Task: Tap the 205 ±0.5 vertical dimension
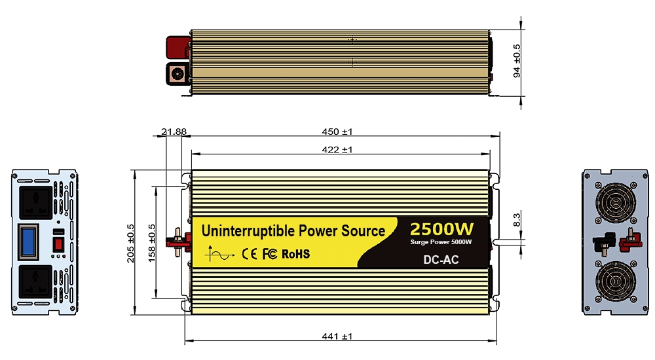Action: pyautogui.click(x=130, y=242)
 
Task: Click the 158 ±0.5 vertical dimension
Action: pyautogui.click(x=152, y=242)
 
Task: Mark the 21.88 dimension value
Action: pyautogui.click(x=174, y=132)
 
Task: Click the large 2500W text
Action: pyautogui.click(x=441, y=229)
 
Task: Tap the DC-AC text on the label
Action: pyautogui.click(x=441, y=260)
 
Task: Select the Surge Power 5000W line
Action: pyautogui.click(x=441, y=243)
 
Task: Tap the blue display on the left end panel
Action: pyautogui.click(x=28, y=241)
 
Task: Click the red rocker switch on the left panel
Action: pyautogui.click(x=57, y=245)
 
